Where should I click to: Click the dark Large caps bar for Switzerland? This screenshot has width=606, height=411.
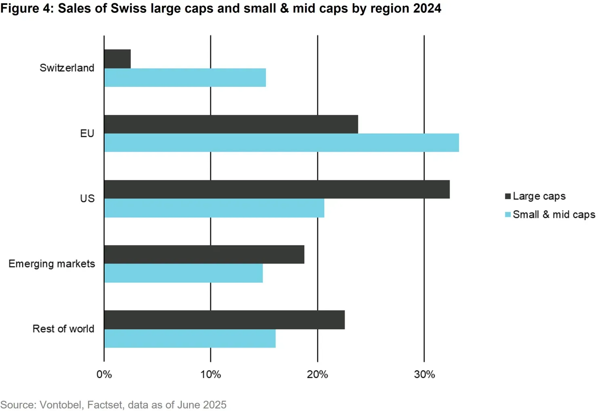[x=118, y=59]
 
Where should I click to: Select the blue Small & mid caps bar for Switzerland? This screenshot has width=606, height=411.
[x=185, y=78]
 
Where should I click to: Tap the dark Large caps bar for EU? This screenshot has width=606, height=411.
[x=231, y=124]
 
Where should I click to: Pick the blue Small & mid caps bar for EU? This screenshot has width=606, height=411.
[x=282, y=143]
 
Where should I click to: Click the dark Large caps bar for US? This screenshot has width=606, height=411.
[x=277, y=189]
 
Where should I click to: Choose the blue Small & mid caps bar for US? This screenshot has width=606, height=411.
[x=214, y=208]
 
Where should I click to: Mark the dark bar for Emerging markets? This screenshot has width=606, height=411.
[x=204, y=255]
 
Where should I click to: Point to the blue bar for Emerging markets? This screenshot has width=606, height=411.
[x=183, y=273]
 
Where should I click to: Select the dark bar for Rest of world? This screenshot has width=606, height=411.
[x=224, y=320]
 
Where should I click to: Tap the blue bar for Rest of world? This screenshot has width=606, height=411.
[x=190, y=339]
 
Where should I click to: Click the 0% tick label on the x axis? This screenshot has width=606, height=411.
[x=104, y=375]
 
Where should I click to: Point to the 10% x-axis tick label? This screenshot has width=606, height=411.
[x=210, y=375]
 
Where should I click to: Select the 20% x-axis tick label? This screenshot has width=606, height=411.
[x=317, y=375]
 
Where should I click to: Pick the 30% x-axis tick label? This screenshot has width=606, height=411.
[x=424, y=375]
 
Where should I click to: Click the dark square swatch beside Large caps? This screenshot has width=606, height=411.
[x=508, y=196]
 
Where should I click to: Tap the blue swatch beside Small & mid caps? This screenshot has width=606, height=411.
[x=508, y=215]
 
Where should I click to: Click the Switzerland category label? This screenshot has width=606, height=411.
[x=67, y=68]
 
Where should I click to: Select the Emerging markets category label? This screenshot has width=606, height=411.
[x=52, y=264]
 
